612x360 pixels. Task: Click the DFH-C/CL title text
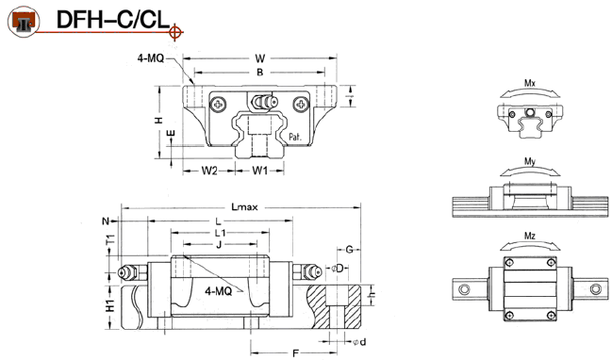click(113, 20)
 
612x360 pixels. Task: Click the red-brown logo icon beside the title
click(24, 22)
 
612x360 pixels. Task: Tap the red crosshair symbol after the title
click(175, 32)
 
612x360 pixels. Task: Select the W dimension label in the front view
click(260, 58)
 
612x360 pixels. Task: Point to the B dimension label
click(260, 73)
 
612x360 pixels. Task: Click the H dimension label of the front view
click(158, 120)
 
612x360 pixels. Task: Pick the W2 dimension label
click(209, 171)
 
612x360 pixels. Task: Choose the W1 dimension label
click(260, 171)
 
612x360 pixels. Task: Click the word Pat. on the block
click(295, 137)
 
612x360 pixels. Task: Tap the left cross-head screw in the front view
click(218, 105)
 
